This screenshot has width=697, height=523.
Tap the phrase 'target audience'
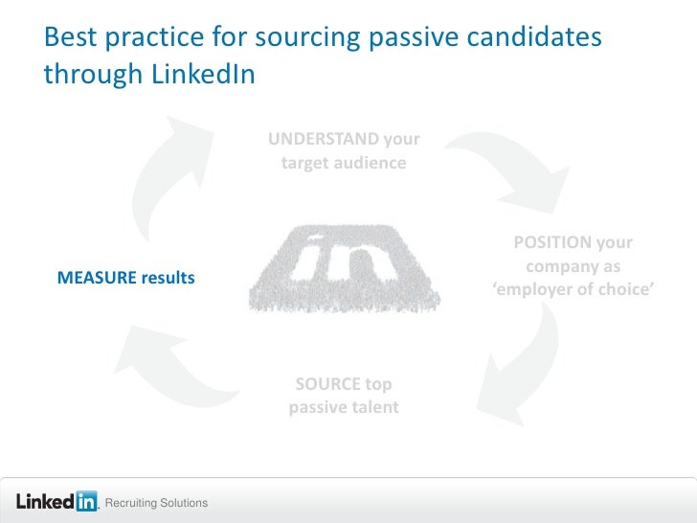[344, 164]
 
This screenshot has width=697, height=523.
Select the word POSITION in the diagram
[551, 241]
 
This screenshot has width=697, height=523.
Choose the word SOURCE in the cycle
[326, 385]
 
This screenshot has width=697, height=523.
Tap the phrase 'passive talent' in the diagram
[344, 408]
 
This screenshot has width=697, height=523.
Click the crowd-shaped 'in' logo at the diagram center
[344, 269]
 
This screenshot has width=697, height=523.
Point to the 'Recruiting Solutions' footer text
[156, 504]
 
